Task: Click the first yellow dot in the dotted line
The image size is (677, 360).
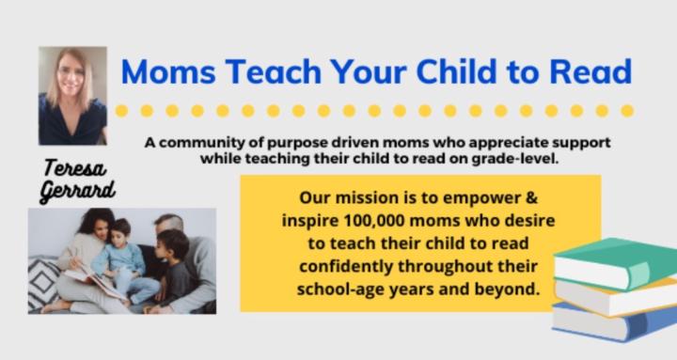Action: click(122, 110)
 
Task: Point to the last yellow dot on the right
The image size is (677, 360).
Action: click(627, 110)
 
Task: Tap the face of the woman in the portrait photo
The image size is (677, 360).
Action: click(71, 74)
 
